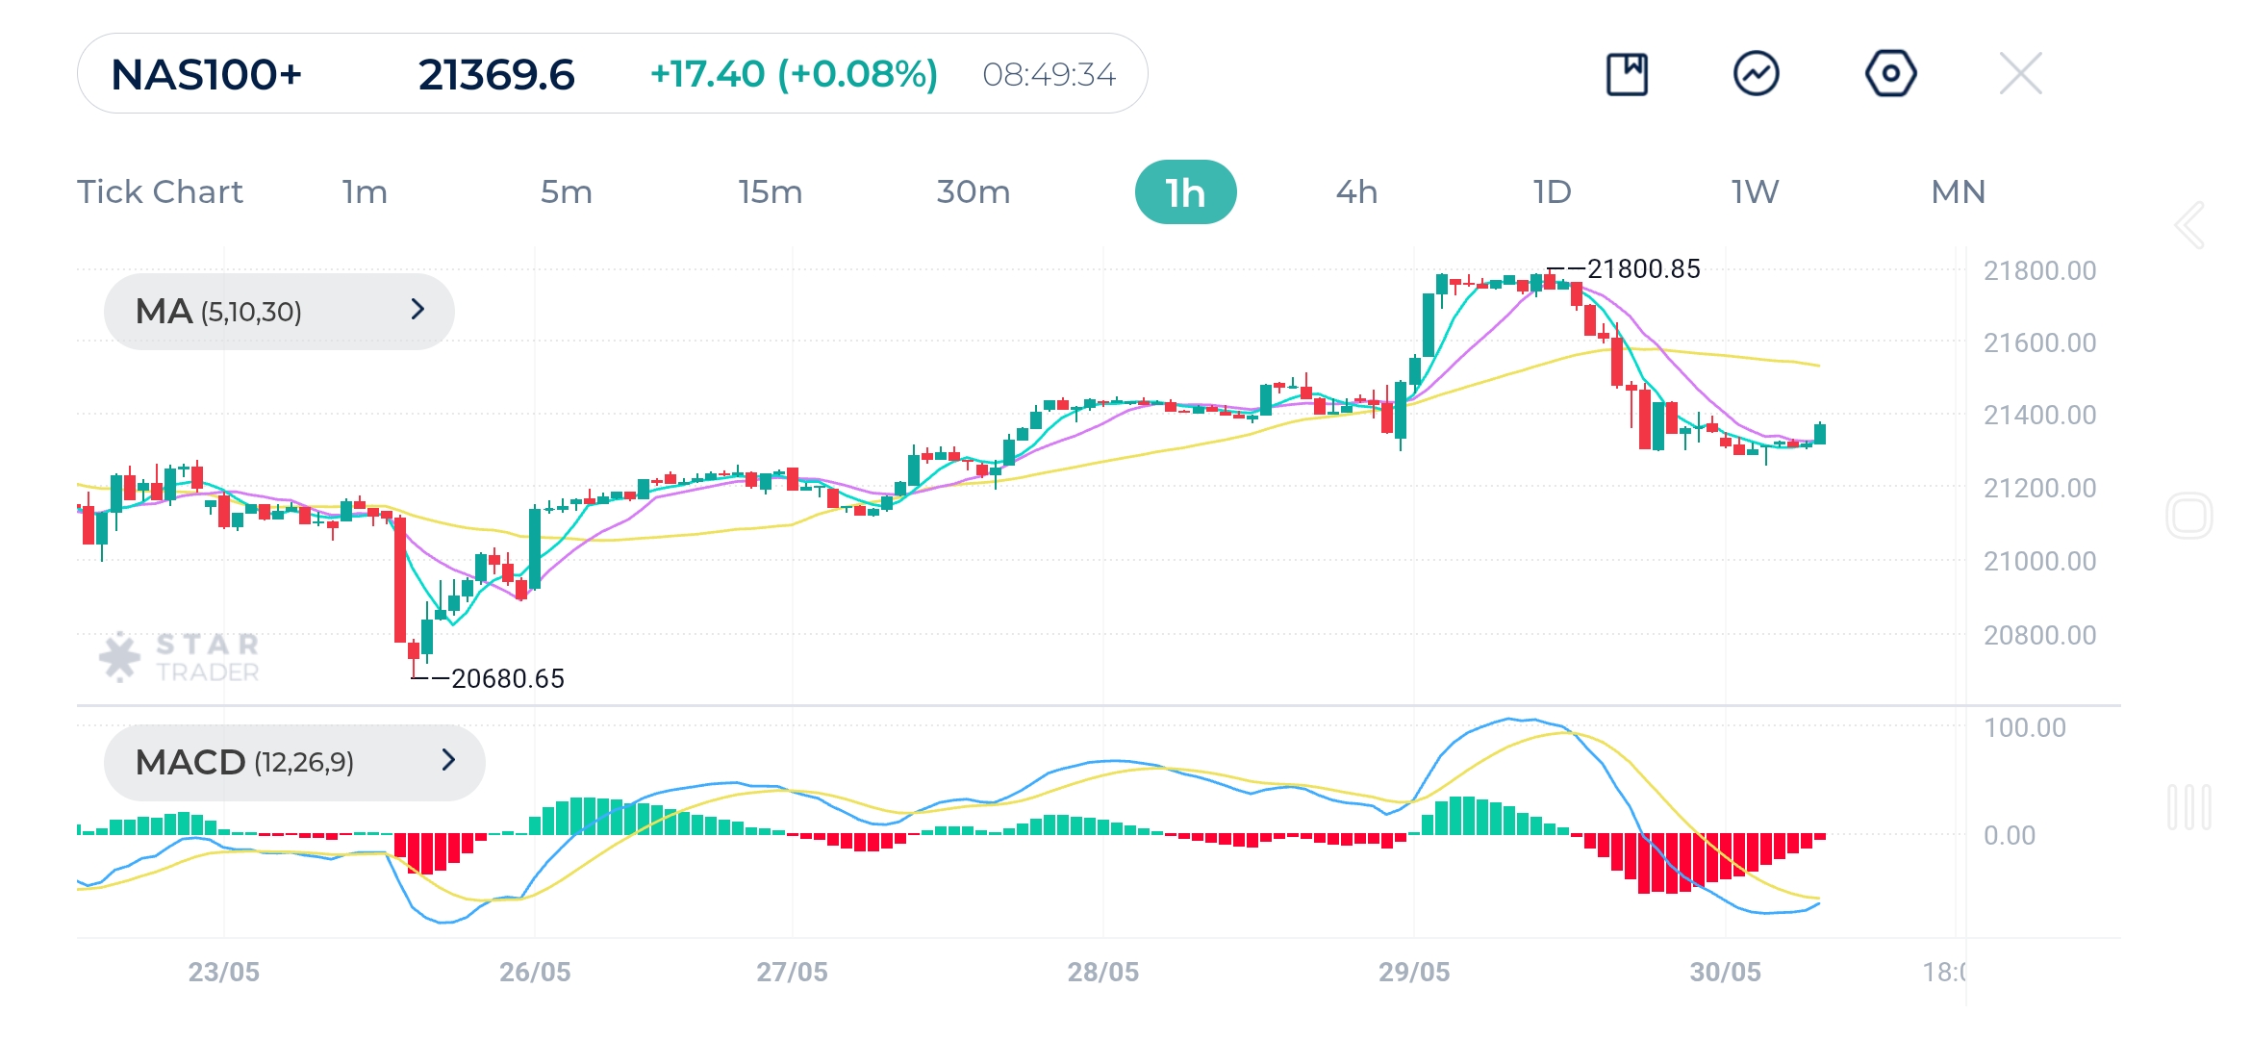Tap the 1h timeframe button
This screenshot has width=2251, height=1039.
(x=1185, y=192)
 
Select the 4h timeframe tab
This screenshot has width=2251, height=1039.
(x=1356, y=192)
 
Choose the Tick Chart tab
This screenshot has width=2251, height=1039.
(x=160, y=192)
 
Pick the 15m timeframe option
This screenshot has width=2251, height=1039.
(x=770, y=192)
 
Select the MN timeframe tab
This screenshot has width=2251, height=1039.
(x=1958, y=192)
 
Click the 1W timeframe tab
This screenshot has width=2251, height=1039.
(x=1755, y=192)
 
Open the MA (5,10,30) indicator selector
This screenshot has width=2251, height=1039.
(x=279, y=311)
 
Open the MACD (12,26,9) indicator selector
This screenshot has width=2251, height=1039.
(x=294, y=762)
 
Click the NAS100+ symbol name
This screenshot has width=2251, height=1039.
(x=206, y=74)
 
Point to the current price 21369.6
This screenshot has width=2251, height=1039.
(x=496, y=74)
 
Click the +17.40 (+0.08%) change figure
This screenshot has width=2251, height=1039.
(x=794, y=74)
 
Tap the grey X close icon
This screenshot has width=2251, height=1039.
(x=2020, y=74)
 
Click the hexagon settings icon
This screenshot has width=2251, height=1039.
(x=1890, y=74)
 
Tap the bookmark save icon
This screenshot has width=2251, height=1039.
(x=1627, y=74)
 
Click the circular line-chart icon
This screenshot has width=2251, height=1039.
(x=1756, y=74)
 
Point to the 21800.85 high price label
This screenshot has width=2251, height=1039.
(x=1643, y=269)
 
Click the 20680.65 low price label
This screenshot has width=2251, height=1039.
(x=507, y=679)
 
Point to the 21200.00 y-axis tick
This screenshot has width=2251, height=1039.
(x=2039, y=489)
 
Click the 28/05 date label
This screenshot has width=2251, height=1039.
(x=1102, y=972)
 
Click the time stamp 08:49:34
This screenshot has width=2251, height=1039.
(x=1049, y=74)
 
